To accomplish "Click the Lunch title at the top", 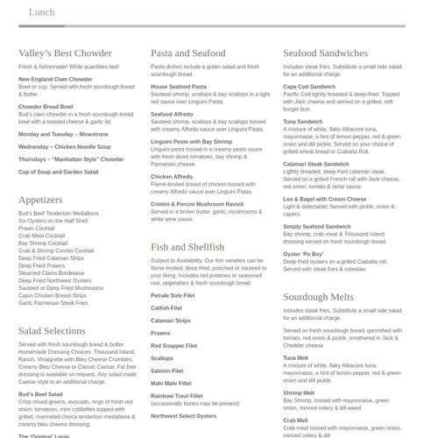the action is [x=42, y=12].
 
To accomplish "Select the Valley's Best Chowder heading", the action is [x=66, y=53].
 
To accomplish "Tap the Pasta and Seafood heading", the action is [x=187, y=53].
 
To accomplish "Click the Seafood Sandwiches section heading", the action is [x=325, y=53].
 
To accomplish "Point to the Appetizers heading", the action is [x=40, y=200].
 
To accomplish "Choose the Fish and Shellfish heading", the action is [x=187, y=247].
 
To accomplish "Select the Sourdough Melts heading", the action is [x=319, y=297].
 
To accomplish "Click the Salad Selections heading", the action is [x=52, y=330].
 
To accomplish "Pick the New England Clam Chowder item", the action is [x=55, y=80].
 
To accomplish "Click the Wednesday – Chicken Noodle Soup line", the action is [x=62, y=147].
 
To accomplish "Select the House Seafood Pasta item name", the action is [x=179, y=87].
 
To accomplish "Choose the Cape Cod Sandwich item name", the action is [x=309, y=87].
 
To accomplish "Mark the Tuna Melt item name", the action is [x=295, y=357].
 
